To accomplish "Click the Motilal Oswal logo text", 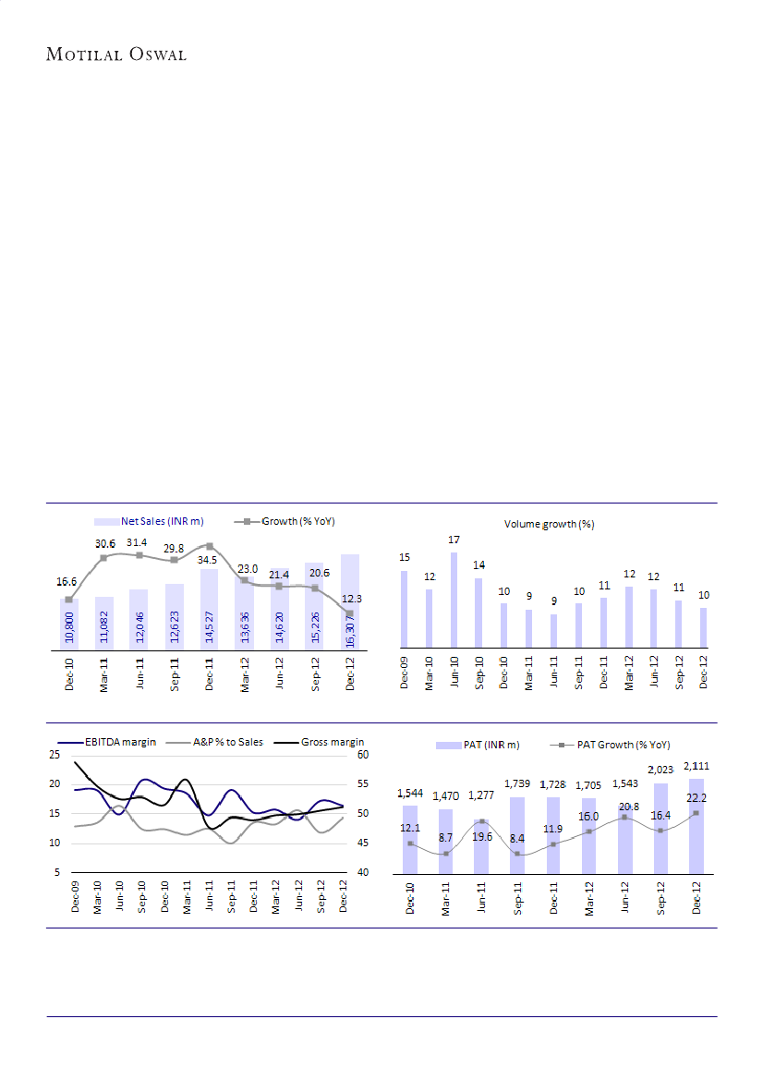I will pos(116,54).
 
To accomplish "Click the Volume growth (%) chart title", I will pos(549,524).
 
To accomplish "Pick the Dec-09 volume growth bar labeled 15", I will pos(404,609).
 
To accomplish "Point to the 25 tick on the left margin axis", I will pos(54,755).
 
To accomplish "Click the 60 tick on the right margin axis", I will pos(363,755).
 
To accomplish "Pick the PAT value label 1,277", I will pos(480,795).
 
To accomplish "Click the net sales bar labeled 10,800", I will pos(69,624).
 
